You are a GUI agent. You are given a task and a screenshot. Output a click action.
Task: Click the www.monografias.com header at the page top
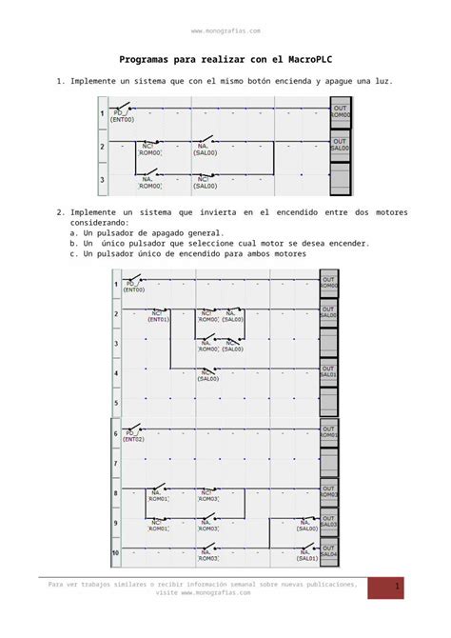click(x=225, y=31)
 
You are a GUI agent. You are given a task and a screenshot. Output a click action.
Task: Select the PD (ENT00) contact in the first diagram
click(x=123, y=116)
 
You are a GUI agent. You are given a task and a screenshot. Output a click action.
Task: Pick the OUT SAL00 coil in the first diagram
click(x=340, y=145)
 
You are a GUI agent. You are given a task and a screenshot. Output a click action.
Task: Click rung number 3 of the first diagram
click(x=103, y=178)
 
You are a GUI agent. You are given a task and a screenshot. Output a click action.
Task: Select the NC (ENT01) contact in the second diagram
click(x=158, y=315)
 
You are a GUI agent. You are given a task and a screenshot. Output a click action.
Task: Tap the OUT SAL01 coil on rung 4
click(x=327, y=371)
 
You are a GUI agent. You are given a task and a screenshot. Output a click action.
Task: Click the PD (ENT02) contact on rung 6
click(x=131, y=435)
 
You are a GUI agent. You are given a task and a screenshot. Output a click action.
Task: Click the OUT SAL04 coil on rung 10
click(x=327, y=551)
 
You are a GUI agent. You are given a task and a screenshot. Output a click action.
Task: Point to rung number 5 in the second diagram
click(x=116, y=404)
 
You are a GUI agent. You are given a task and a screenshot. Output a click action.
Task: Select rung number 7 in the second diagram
click(x=116, y=464)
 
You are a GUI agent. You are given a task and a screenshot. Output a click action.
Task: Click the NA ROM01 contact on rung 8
click(x=158, y=493)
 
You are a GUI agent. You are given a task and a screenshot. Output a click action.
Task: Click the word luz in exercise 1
click(x=382, y=82)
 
